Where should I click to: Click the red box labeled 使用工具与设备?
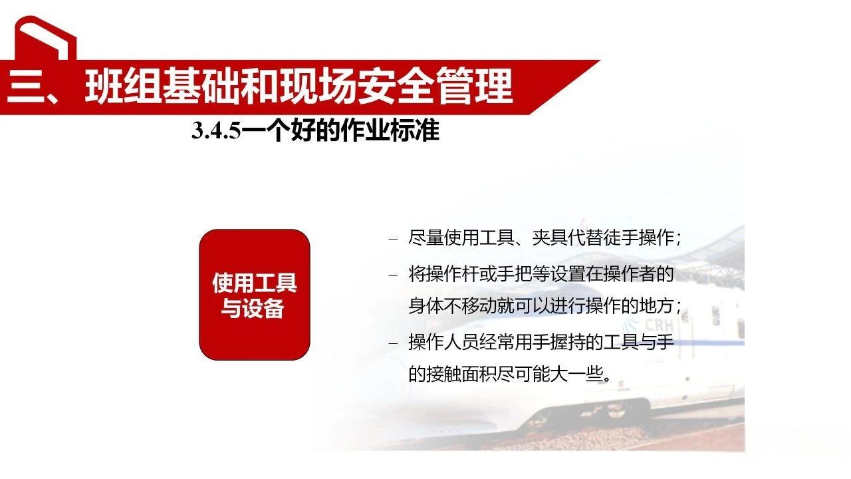(x=255, y=295)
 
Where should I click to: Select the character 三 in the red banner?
(x=25, y=86)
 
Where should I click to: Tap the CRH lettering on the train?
(x=659, y=324)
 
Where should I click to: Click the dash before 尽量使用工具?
(x=393, y=238)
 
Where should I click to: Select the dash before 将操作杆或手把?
(x=393, y=274)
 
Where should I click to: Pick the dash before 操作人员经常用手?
(x=393, y=343)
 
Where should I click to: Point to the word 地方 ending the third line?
(x=658, y=307)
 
